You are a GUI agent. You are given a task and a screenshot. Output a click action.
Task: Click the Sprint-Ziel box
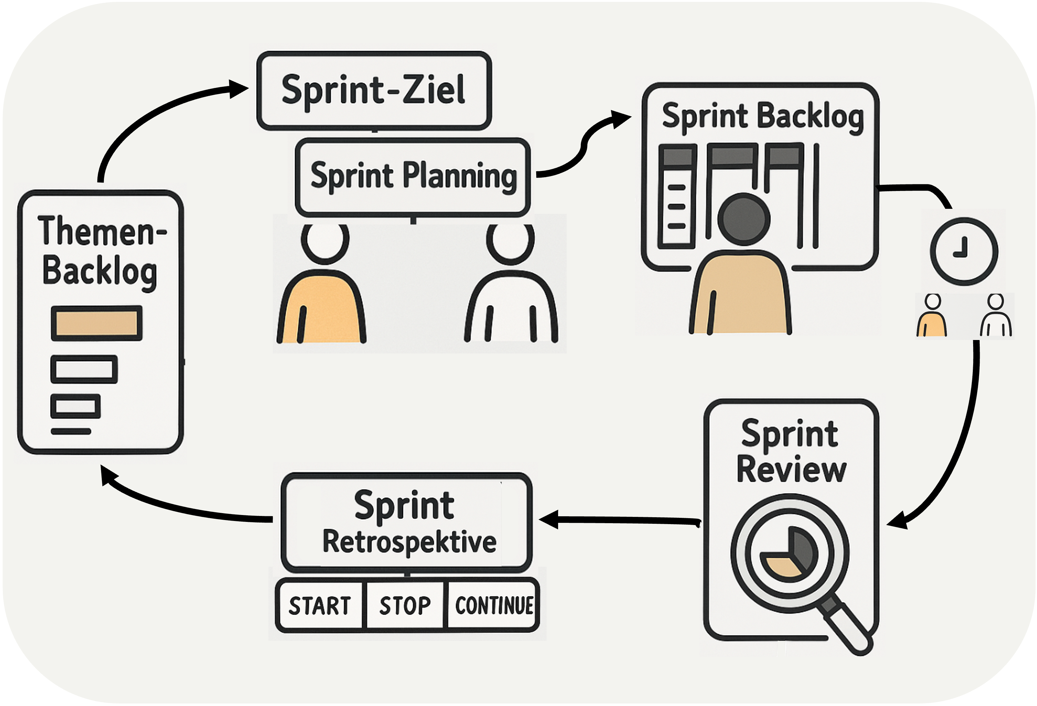coord(374,90)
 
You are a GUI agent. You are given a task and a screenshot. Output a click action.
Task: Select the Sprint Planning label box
coord(413,177)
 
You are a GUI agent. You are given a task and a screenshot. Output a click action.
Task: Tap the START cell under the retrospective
coord(320,606)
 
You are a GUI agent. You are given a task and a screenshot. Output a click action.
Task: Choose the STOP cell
coord(405,606)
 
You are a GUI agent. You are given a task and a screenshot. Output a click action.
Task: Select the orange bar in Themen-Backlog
coord(96,323)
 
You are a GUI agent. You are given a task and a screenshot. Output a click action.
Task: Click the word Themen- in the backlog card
coord(102,231)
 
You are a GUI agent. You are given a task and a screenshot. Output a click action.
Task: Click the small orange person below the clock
coord(932,316)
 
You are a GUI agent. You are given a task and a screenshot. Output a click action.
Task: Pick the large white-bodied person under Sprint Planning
coord(511,295)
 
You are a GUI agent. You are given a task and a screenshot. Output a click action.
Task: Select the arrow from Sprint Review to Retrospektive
coord(620,520)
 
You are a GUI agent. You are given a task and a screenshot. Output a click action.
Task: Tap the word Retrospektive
coord(409,542)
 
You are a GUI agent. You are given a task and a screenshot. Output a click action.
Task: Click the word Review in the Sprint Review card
coord(791,470)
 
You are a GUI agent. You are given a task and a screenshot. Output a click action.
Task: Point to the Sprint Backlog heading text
coord(762,116)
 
